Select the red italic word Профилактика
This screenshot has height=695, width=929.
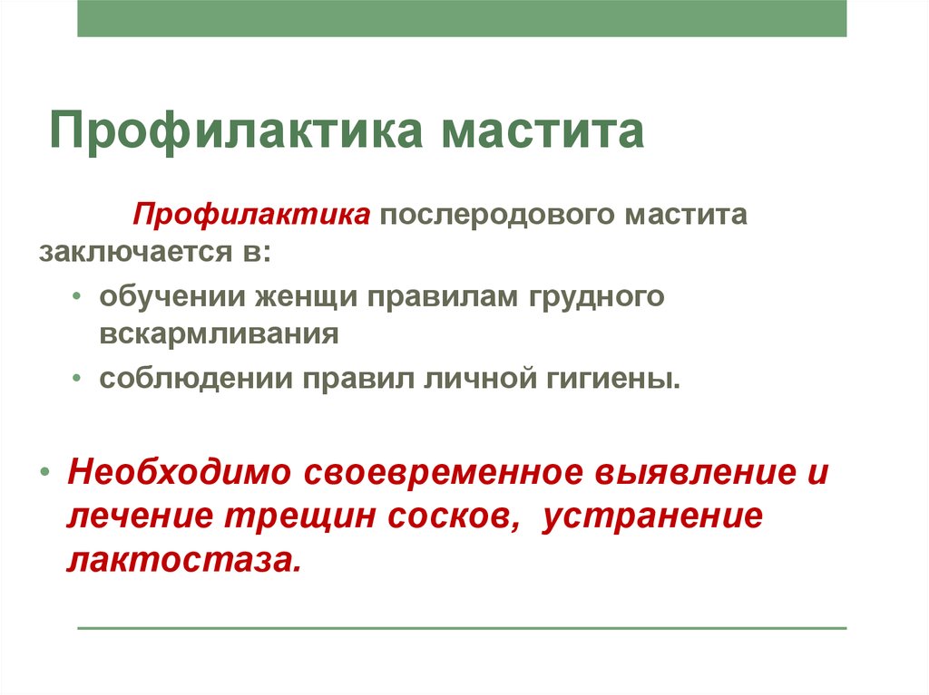point(252,216)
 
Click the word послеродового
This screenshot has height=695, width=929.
point(498,216)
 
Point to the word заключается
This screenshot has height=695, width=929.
point(136,251)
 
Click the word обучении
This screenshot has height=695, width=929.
point(171,296)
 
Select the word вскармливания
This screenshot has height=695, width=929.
point(219,334)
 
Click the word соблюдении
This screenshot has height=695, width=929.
point(196,379)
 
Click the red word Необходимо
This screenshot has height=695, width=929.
point(179,473)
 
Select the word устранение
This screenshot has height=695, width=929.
point(652,516)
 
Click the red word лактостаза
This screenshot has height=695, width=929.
point(184,561)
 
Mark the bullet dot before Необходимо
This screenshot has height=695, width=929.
point(45,473)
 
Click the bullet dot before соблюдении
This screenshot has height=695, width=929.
point(76,378)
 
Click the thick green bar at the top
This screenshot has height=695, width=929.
point(462,18)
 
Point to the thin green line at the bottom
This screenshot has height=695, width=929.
point(462,628)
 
